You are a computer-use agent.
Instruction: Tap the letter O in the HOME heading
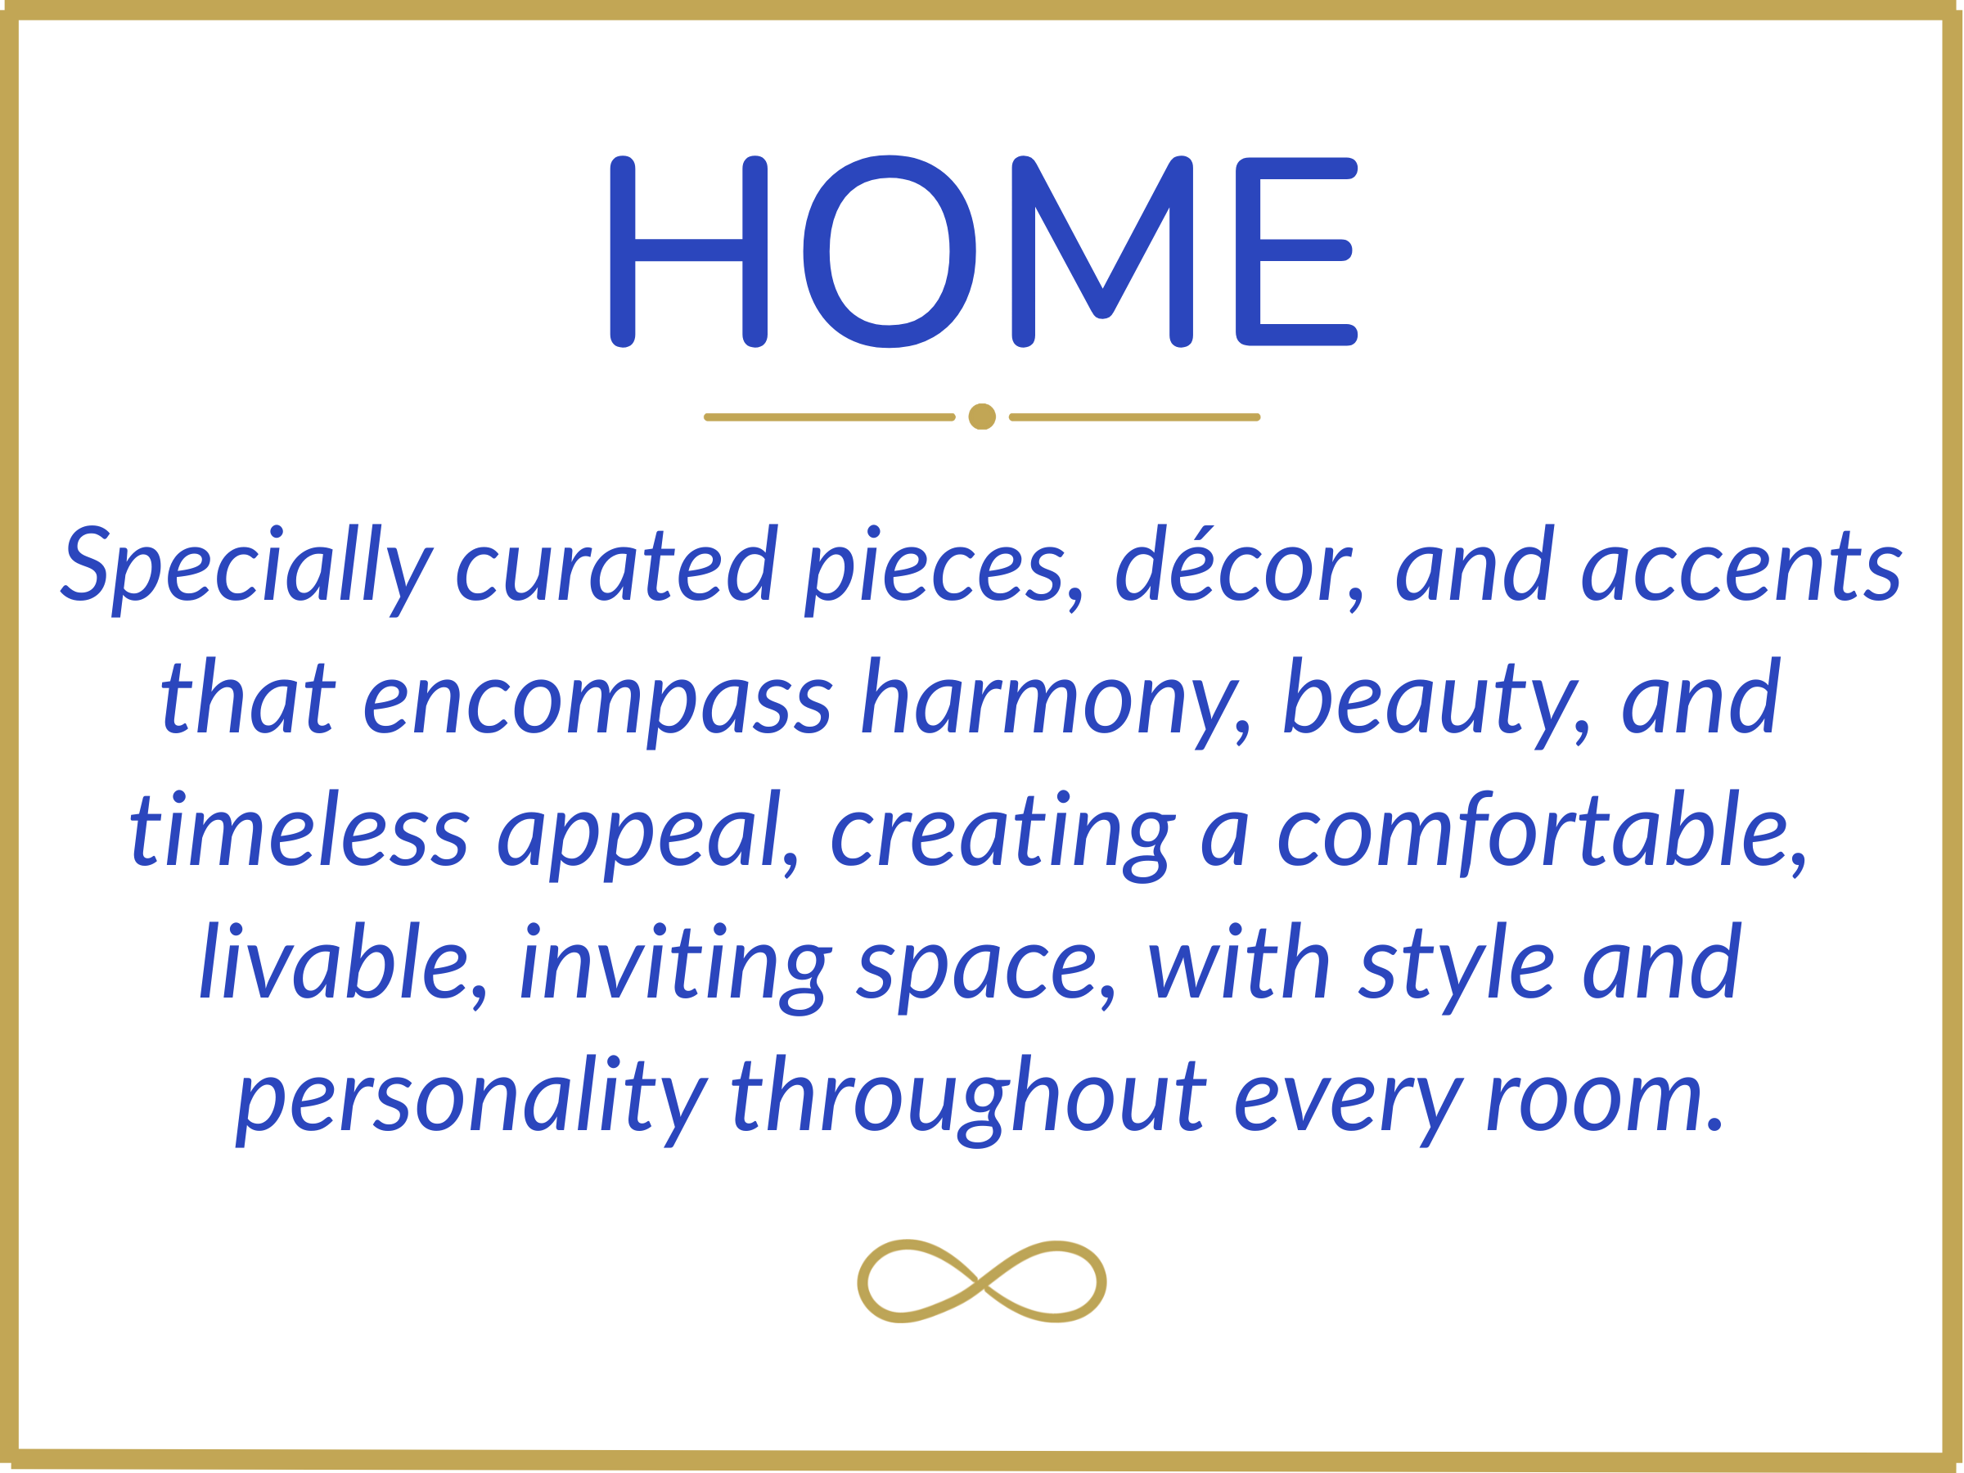click(890, 251)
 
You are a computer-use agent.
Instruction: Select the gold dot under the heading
click(982, 417)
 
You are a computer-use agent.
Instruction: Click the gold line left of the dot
click(829, 417)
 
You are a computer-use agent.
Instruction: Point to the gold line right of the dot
click(1135, 417)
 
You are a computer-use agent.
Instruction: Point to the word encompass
click(597, 703)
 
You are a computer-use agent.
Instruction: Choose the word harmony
click(1056, 702)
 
